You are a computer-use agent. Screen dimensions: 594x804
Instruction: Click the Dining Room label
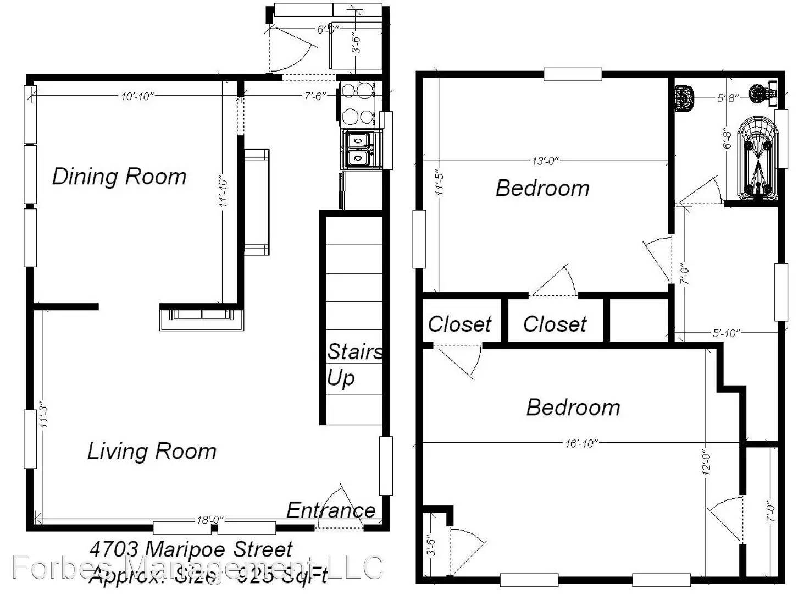[119, 177]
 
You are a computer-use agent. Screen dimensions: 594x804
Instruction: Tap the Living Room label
[152, 451]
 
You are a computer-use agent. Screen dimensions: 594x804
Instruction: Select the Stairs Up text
[354, 364]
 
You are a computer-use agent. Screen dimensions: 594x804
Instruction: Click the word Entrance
[331, 510]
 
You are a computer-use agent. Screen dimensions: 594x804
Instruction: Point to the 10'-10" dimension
[137, 96]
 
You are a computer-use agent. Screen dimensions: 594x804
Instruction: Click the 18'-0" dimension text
[210, 520]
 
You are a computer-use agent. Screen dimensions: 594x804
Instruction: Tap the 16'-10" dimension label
[581, 443]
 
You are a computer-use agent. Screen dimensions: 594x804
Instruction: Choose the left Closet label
[459, 324]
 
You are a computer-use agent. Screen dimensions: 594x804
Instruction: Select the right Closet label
[555, 324]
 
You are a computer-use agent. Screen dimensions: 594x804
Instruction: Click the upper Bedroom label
[542, 188]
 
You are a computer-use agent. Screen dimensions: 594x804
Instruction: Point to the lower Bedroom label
[573, 408]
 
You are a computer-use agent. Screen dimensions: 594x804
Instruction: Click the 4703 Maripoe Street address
[191, 549]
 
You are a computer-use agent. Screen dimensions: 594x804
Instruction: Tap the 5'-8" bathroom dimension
[727, 98]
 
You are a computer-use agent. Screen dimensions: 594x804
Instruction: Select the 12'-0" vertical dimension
[707, 462]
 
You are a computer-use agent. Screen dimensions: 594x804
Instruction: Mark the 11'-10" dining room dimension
[223, 192]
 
